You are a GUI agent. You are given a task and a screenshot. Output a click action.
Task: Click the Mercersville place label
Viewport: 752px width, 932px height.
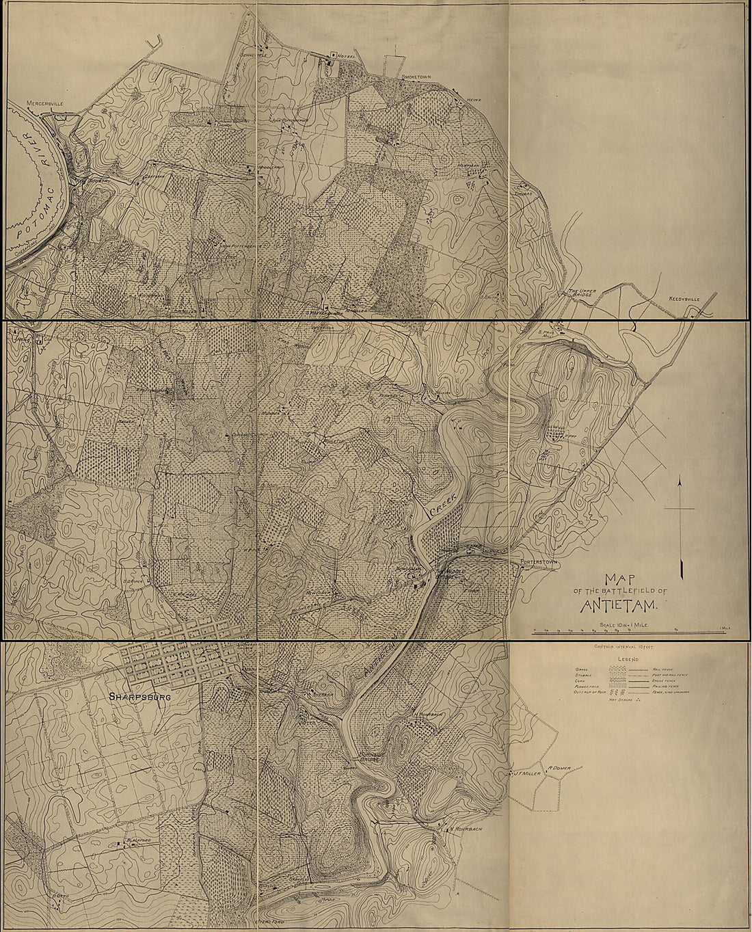pos(44,103)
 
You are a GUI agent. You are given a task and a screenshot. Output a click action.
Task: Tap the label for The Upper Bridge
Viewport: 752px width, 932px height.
pos(582,295)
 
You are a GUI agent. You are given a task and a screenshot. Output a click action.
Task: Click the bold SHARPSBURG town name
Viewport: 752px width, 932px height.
pos(139,698)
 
